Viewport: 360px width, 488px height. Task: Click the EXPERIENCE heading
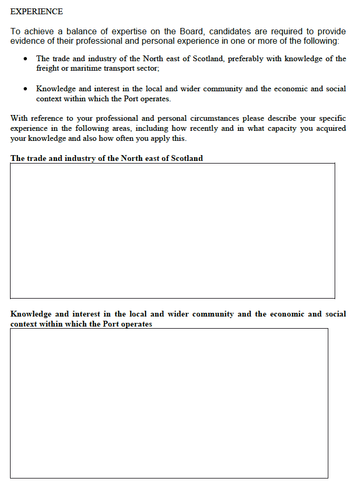tap(36, 11)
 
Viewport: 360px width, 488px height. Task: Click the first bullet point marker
tap(25, 59)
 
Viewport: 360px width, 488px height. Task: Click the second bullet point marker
tap(25, 89)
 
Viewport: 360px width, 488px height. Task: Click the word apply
tap(153, 138)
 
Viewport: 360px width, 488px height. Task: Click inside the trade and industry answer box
tap(172, 231)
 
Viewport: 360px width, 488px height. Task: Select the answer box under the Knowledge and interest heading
tap(169, 403)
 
